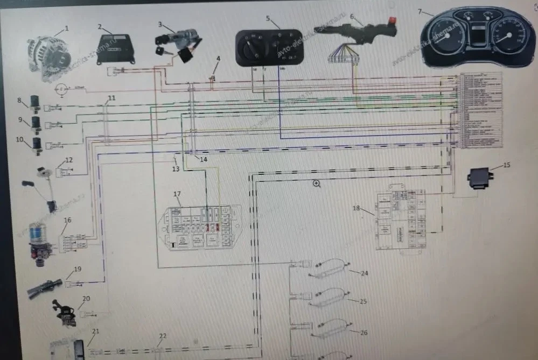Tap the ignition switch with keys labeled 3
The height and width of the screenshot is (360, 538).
[x=177, y=45]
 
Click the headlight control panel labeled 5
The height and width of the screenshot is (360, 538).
[x=269, y=47]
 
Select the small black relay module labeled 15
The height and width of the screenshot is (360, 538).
[x=480, y=177]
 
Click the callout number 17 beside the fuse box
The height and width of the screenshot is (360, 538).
[x=177, y=193]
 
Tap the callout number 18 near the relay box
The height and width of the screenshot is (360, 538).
[x=356, y=208]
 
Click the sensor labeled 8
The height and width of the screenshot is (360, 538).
[x=37, y=102]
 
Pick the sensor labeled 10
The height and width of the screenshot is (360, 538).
[x=37, y=145]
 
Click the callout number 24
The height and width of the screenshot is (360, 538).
[x=365, y=273]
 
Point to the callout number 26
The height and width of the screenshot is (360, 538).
[x=364, y=333]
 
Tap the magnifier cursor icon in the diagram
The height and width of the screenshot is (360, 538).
[x=317, y=183]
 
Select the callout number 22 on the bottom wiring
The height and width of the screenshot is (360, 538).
[x=163, y=336]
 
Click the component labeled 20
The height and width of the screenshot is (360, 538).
[x=64, y=313]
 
